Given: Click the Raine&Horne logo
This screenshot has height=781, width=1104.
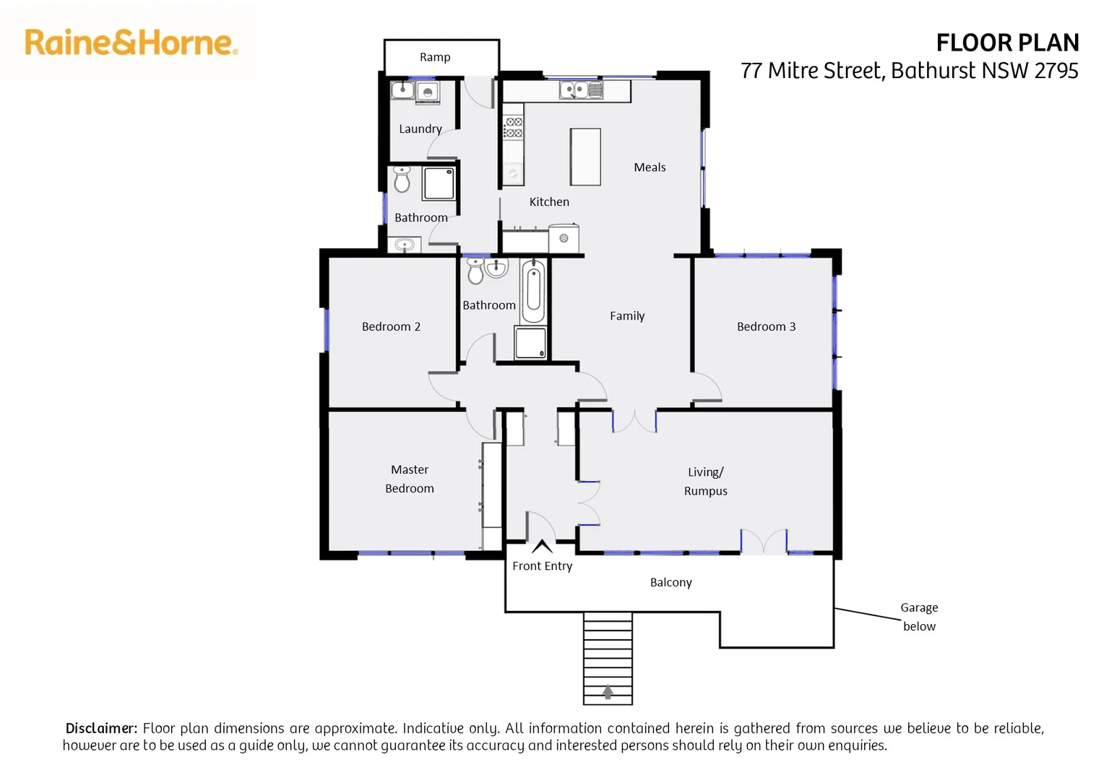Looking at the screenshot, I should coord(131,43).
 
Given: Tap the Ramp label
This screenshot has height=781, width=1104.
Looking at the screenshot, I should coord(435,57).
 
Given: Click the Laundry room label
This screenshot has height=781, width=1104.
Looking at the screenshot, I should coord(420,129).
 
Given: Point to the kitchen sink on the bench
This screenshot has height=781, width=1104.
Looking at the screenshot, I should coord(581,90).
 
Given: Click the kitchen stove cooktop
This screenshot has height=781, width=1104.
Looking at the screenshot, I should coord(513,127).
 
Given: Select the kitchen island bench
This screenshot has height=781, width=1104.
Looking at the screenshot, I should coord(585,157).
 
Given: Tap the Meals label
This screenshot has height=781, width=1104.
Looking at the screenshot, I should coord(650,167).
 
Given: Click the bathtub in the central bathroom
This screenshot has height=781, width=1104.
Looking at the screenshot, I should coord(533,291).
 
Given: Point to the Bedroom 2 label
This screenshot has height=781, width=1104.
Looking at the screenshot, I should coord(391,327).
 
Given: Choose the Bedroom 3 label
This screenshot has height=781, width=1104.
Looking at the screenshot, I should coord(766,327).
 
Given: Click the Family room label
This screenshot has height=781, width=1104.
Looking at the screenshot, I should coord(627,316).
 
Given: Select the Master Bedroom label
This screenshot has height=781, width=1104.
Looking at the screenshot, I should coord(410,479).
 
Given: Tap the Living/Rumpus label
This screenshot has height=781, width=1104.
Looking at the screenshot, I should coord(706,482).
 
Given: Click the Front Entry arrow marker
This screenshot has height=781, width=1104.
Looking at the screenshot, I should coord(542,547).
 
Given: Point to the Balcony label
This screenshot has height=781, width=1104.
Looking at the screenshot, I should coord(670,582).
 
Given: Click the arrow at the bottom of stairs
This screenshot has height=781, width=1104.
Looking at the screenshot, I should coord(608,692).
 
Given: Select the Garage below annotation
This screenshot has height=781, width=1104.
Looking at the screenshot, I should coord(919,617).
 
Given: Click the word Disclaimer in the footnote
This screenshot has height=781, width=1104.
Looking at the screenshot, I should coord(101,728).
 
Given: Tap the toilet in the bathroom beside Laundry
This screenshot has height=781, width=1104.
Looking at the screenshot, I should coord(402,179).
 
